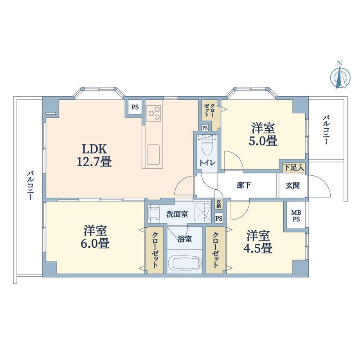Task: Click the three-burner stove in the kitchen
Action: click(153, 113)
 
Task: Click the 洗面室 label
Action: click(177, 214)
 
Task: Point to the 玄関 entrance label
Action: click(292, 185)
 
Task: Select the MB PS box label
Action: click(295, 216)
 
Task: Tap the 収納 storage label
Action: click(219, 203)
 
